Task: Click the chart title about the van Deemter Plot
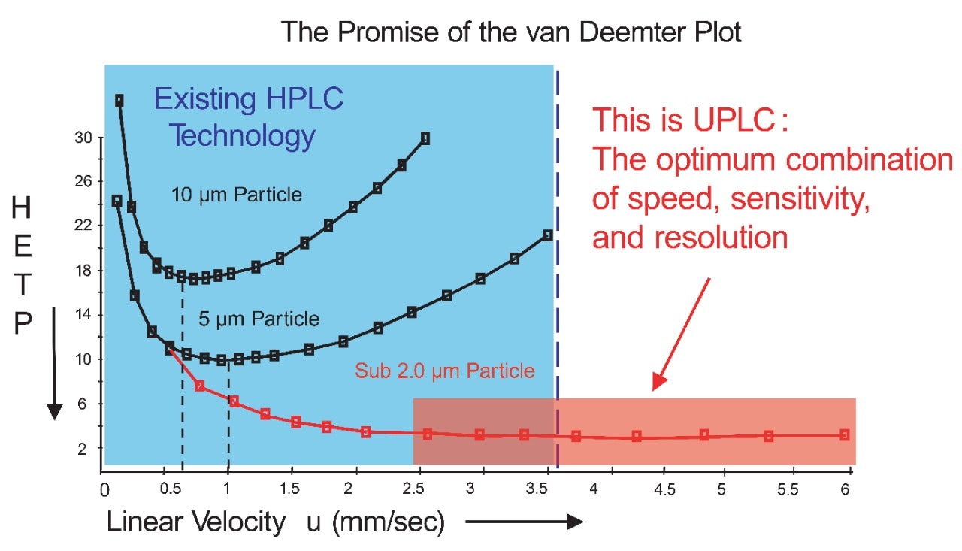tap(511, 32)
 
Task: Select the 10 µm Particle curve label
tap(236, 195)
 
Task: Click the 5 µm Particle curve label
tap(259, 319)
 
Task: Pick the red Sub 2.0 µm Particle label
tap(445, 371)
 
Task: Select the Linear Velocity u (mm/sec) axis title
tap(276, 523)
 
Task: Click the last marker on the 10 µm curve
tap(425, 138)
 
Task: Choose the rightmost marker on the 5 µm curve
tap(548, 235)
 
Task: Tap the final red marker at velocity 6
tap(845, 434)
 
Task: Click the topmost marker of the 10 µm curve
tap(119, 101)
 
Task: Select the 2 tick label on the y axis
tap(83, 448)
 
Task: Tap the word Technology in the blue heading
tap(240, 137)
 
